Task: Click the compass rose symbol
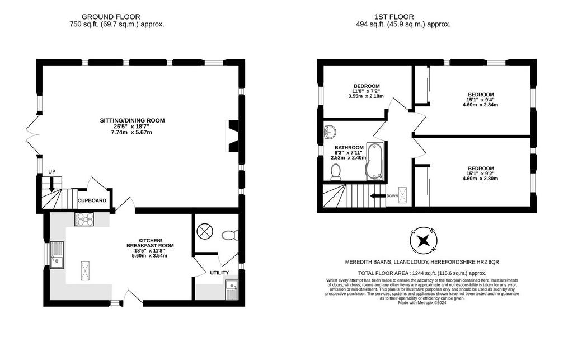[x=423, y=241]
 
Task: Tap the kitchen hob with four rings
[x=84, y=219]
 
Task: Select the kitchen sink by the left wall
[x=57, y=255]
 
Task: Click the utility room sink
[x=232, y=289]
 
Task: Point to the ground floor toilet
[x=230, y=235]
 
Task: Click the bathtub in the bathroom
[x=374, y=162]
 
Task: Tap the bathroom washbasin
[x=330, y=132]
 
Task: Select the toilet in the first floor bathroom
[x=336, y=172]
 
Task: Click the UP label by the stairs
[x=52, y=171]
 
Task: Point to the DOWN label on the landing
[x=392, y=196]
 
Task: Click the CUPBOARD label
[x=92, y=200]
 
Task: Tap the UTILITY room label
[x=219, y=273]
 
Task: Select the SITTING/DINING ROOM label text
[x=132, y=120]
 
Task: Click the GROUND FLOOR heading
[x=111, y=17]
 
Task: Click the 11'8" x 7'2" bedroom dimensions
[x=366, y=91]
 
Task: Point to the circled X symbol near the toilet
[x=203, y=231]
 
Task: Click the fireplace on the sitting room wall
[x=233, y=136]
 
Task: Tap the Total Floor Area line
[x=422, y=273]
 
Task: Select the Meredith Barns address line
[x=422, y=262]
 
